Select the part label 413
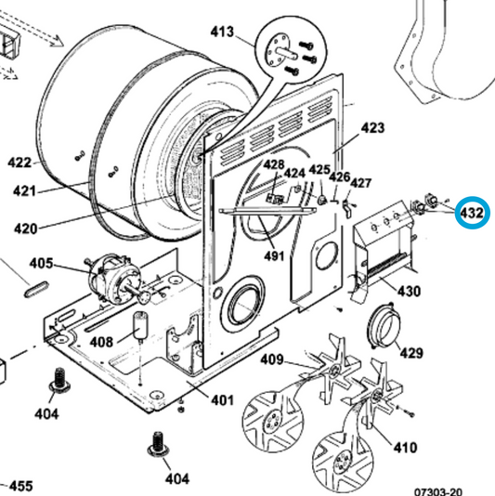222,33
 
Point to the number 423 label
371,127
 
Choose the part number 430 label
410,291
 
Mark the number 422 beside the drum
20,162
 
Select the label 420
25,228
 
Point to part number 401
221,400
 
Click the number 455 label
20,486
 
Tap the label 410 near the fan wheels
405,448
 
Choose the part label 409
271,360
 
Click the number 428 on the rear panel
273,165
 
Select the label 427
360,183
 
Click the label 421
25,191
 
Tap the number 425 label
319,171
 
